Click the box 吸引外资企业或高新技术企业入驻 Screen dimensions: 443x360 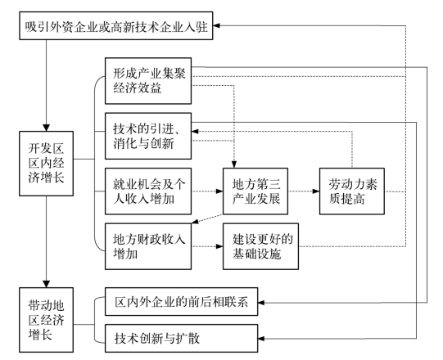point(115,25)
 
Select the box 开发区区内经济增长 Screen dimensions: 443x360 point(47,164)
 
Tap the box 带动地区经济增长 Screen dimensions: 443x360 point(47,320)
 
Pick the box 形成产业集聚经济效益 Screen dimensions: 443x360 point(148,81)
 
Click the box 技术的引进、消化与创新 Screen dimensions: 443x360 point(148,136)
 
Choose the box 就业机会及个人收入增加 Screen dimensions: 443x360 point(148,191)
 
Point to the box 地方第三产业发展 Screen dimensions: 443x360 point(255,191)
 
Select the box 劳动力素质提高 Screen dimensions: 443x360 point(352,191)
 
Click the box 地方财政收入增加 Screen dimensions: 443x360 point(148,246)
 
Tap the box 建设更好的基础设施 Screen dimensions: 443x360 point(260,246)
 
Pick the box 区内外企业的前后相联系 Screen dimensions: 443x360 point(182,302)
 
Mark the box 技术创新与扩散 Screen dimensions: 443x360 point(182,338)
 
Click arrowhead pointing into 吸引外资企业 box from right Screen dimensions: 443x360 point(216,25)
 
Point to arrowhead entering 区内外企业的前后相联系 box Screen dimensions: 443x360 point(261,303)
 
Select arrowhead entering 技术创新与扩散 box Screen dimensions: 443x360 point(261,338)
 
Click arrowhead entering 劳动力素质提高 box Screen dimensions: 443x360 point(316,191)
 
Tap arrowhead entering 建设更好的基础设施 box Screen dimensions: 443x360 point(219,246)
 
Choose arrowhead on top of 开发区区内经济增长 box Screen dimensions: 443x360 point(47,128)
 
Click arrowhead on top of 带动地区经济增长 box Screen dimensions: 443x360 point(47,284)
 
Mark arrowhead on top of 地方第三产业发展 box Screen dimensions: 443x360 point(234,164)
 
